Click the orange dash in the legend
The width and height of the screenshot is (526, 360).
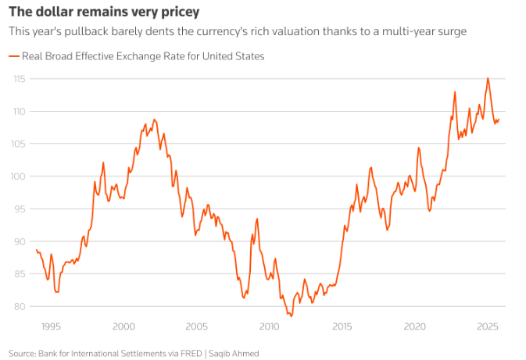point(13,56)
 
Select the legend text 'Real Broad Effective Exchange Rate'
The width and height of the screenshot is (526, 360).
point(101,56)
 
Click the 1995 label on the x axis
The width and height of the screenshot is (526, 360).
point(51,326)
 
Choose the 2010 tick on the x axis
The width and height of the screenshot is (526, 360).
point(270,326)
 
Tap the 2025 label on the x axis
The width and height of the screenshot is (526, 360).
point(488,326)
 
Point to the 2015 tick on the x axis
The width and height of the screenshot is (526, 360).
point(342,326)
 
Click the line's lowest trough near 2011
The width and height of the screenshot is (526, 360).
point(292,315)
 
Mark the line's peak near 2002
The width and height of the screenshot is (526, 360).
point(154,119)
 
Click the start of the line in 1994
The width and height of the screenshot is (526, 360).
point(37,250)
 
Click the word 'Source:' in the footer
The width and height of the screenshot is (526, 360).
point(22,353)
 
